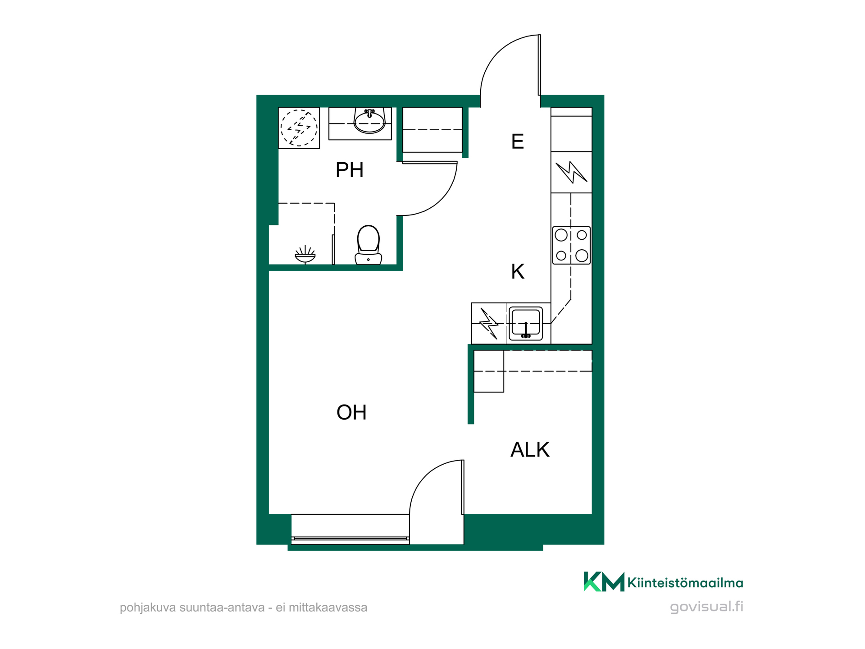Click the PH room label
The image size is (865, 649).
(349, 170)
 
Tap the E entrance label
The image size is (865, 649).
(517, 142)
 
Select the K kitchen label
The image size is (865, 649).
(518, 271)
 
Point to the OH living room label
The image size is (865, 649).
(351, 412)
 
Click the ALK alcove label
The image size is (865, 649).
(530, 449)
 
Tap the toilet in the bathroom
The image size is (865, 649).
(368, 245)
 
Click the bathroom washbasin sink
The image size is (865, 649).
(369, 121)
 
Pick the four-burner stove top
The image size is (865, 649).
(571, 245)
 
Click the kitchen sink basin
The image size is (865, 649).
(526, 323)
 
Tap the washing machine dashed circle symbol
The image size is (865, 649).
(299, 128)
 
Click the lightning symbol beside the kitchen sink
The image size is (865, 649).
(489, 323)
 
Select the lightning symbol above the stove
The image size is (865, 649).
(571, 172)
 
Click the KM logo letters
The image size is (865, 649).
(604, 582)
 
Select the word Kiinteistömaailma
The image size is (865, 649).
(685, 583)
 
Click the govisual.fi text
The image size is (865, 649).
(706, 607)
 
